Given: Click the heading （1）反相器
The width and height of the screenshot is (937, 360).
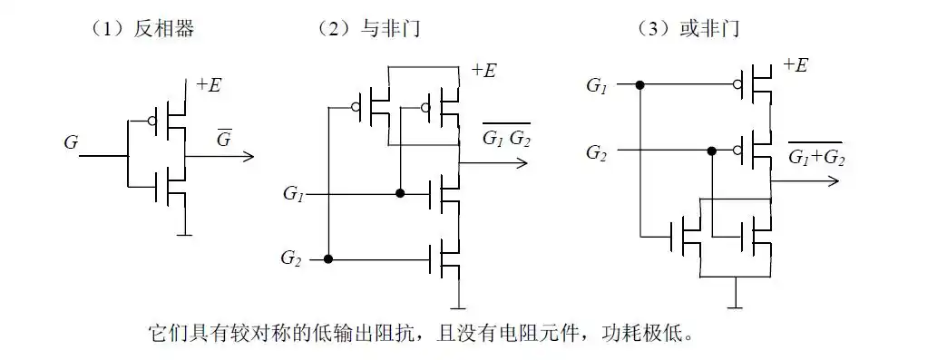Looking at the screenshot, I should pos(142,29).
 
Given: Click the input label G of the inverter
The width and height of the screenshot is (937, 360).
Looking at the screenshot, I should pos(71,142).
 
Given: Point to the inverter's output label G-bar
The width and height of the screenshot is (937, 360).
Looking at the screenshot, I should pos(222,141).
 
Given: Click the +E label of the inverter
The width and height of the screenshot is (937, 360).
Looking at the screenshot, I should pos(209,86).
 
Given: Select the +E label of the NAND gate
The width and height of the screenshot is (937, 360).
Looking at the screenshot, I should pos(483,71).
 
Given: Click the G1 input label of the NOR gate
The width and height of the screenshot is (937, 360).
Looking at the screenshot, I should pos(597,85).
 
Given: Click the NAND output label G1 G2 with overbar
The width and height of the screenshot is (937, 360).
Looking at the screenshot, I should pos(506,139).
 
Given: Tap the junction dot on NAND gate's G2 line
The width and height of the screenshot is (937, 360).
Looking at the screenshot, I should pos(328,259).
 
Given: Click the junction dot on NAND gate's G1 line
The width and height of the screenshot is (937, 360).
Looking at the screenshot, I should pos(399,194).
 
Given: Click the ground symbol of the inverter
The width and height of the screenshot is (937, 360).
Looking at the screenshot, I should pos(185,234).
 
